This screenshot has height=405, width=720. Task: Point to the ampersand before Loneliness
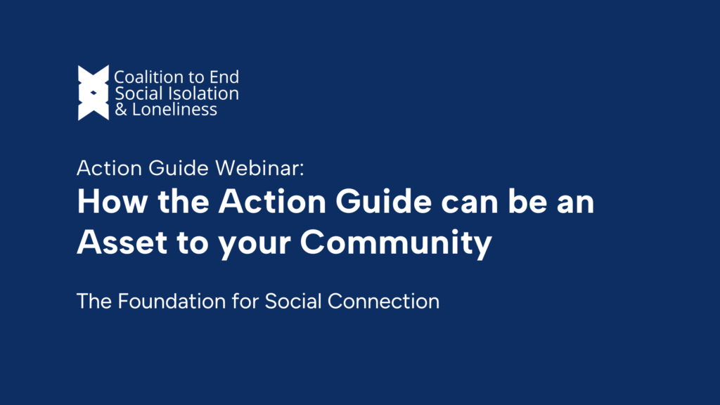[120, 110]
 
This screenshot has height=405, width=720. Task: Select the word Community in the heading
[395, 243]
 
